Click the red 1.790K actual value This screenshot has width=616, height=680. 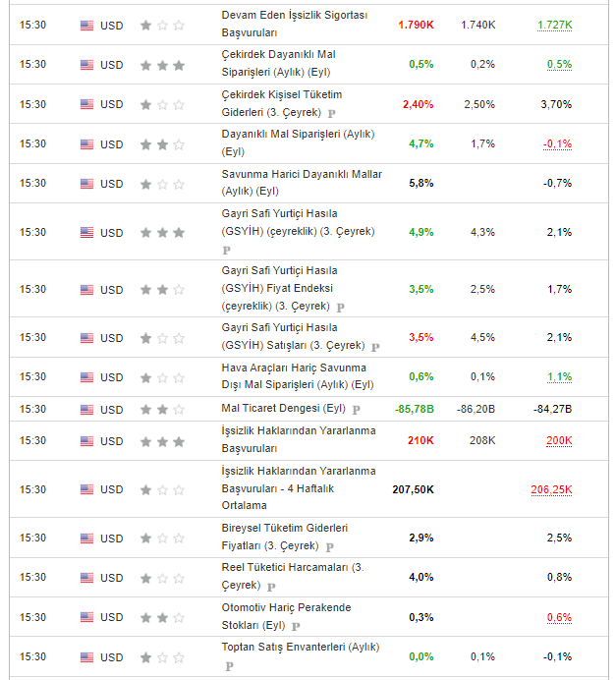click(x=416, y=25)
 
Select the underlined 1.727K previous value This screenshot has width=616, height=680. click(x=555, y=25)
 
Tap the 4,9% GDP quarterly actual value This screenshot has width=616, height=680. click(x=420, y=233)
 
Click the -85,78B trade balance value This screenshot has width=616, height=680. click(x=414, y=409)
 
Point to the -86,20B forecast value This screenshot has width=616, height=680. click(x=476, y=409)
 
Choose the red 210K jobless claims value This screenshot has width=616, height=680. click(x=420, y=440)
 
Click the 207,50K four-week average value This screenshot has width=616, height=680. click(x=413, y=488)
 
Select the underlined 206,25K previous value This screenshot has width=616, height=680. click(x=551, y=488)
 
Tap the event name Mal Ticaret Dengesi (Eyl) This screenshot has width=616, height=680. click(x=284, y=409)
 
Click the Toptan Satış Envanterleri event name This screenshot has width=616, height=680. click(x=300, y=648)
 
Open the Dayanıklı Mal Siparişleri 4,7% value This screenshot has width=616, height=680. click(x=420, y=143)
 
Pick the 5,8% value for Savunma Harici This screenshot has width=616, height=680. click(x=420, y=183)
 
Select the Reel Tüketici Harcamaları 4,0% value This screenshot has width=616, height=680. click(x=420, y=577)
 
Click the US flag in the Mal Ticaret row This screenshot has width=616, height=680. click(x=87, y=409)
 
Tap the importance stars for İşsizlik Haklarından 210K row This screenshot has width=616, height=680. click(x=162, y=441)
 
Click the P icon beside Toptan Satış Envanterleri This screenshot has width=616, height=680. click(x=229, y=665)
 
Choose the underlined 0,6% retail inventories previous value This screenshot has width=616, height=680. click(x=559, y=617)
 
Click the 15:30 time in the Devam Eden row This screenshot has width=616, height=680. click(x=32, y=26)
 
